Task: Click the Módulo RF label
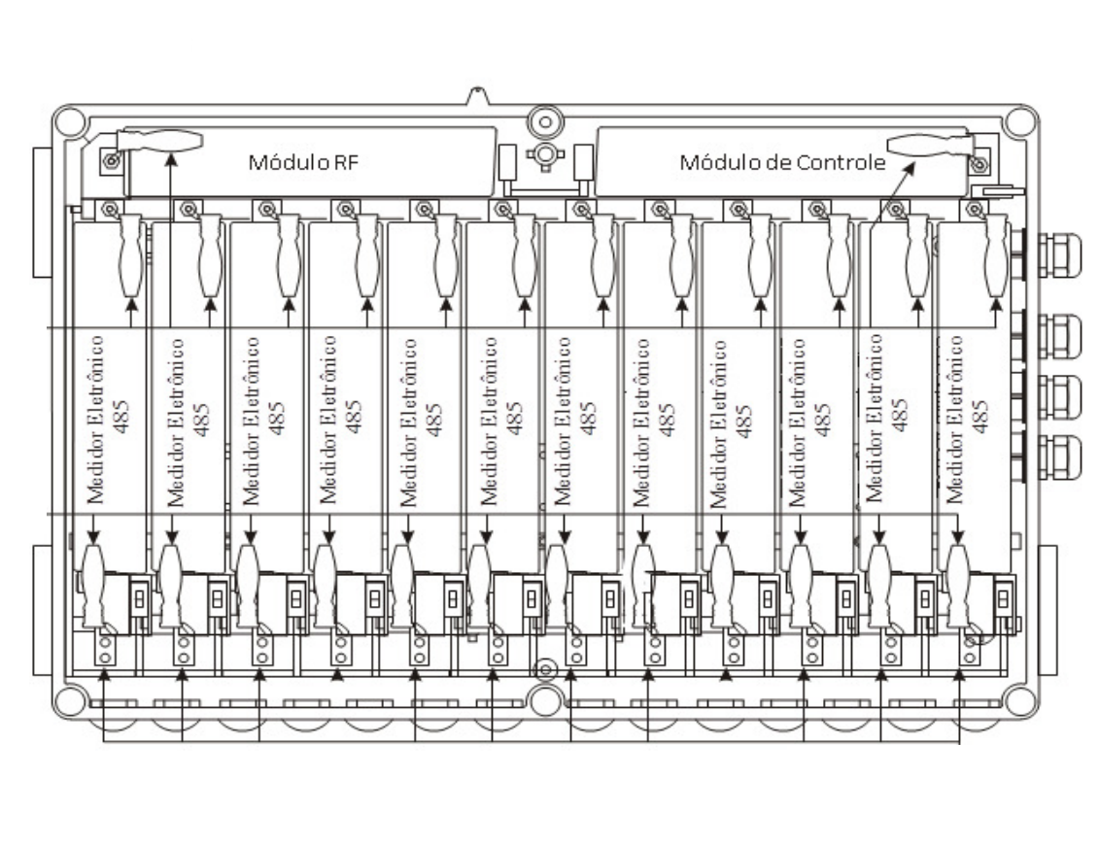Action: tap(303, 162)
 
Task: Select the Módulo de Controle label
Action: tap(782, 162)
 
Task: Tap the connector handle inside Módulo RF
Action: tap(159, 140)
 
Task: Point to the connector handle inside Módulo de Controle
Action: tap(930, 145)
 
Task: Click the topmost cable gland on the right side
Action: tap(1059, 255)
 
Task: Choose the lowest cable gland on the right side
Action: tap(1059, 457)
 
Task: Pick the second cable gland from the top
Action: tap(1059, 337)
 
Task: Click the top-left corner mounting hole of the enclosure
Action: tap(69, 122)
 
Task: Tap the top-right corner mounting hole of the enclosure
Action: tap(1019, 122)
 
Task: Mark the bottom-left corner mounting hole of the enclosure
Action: tap(69, 701)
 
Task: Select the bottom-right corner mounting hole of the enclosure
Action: tap(1019, 701)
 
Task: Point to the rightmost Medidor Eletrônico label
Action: tap(954, 419)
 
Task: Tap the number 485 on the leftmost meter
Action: tap(120, 417)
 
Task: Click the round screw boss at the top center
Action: tap(544, 122)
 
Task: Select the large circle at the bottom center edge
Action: tap(545, 700)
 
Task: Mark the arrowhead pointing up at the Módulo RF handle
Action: tap(170, 160)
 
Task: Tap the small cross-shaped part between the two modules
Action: tap(544, 155)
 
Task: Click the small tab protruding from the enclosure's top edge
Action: tap(477, 95)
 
